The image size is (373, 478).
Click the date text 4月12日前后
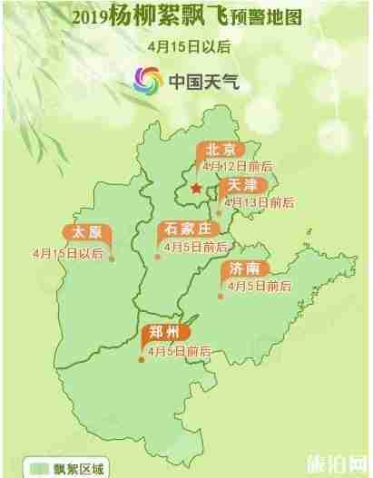click(239, 167)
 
